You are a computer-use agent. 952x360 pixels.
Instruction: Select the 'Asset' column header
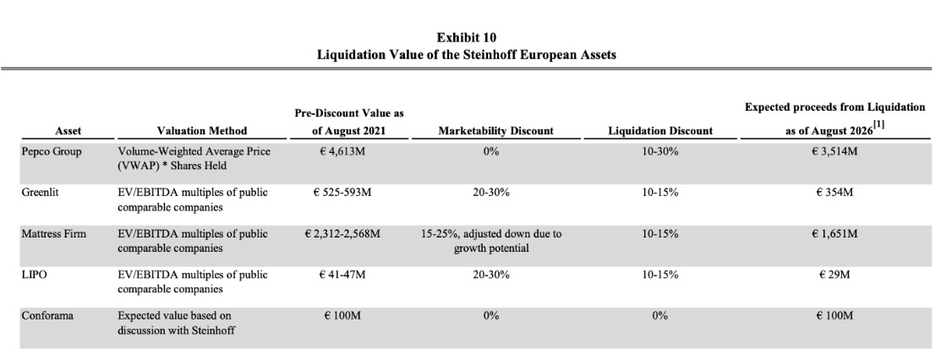point(68,130)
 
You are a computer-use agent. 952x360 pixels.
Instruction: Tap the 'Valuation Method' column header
point(202,130)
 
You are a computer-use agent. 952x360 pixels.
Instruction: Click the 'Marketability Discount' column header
point(496,130)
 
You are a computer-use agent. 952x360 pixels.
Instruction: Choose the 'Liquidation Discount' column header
point(660,130)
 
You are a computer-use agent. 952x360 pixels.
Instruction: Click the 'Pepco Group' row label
point(52,151)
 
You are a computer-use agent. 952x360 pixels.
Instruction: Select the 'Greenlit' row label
point(40,193)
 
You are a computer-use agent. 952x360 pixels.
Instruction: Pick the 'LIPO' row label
point(34,275)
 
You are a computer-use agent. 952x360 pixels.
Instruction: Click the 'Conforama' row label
point(48,315)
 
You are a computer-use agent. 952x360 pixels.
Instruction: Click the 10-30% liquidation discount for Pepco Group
point(660,151)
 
